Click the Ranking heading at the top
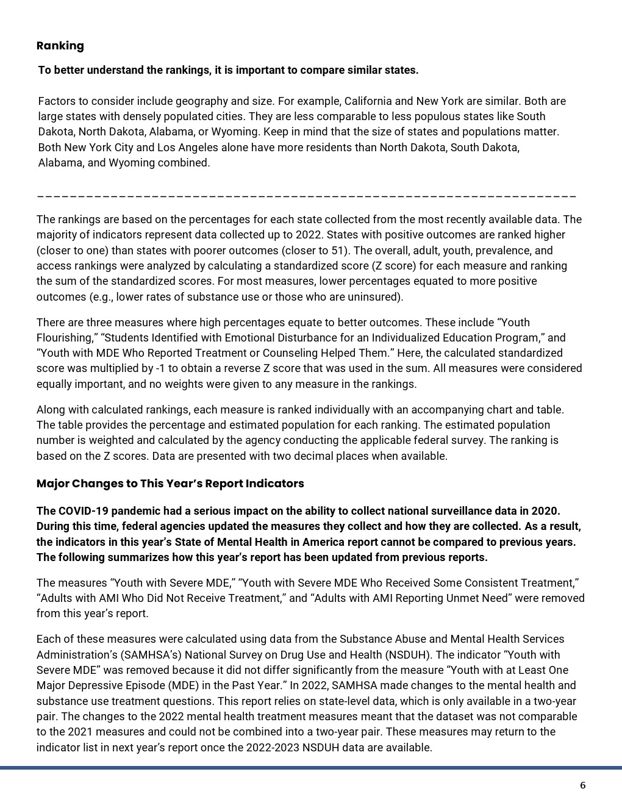point(60,46)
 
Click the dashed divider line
point(306,196)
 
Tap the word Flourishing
point(63,338)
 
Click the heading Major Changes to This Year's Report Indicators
point(170,484)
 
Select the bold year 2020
point(545,511)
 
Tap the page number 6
point(582,785)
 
